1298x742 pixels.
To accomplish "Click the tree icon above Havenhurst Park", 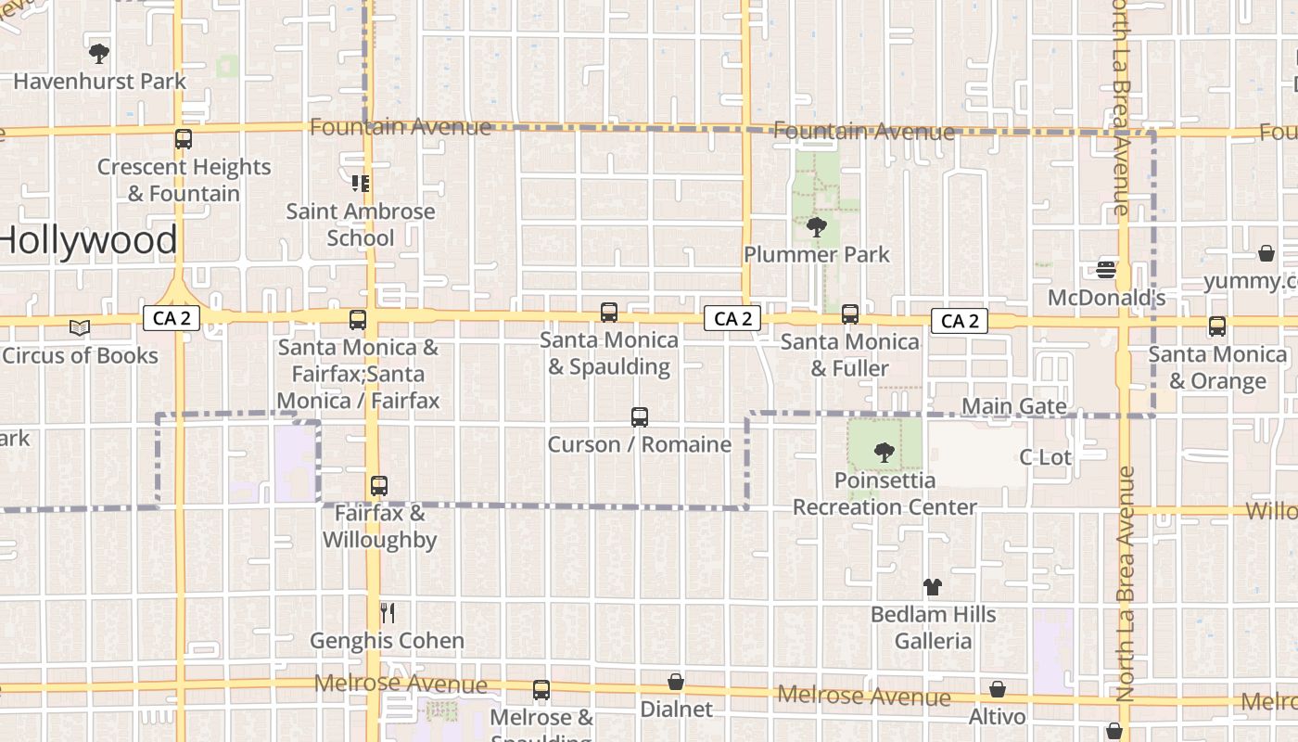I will (99, 53).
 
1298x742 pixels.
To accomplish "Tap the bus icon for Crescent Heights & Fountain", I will (184, 139).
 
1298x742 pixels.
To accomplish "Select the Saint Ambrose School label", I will (361, 224).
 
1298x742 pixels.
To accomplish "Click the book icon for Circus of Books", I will (80, 327).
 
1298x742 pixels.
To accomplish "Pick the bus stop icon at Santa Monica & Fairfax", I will (358, 320).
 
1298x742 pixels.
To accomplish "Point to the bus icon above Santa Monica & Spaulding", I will (609, 313).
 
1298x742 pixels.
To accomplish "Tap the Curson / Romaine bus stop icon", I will (640, 417).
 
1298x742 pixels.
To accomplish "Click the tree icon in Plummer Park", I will (817, 226).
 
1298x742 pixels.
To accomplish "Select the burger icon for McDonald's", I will (1106, 269).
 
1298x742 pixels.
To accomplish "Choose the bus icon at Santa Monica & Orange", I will (1217, 326).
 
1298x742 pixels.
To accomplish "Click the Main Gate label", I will (1014, 406).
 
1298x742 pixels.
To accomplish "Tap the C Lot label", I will (1045, 456).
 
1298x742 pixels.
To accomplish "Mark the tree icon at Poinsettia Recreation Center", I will (884, 453).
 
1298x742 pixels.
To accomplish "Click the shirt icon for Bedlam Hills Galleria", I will (933, 587).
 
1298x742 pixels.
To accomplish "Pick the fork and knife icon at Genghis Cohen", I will (388, 613).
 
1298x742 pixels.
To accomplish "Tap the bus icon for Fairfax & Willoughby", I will (378, 485).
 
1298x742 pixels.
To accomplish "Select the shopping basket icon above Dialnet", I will (677, 682).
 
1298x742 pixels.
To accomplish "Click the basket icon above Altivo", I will (998, 689).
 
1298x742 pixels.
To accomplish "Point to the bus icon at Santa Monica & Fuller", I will (850, 314).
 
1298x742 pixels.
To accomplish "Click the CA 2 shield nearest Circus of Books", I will (172, 319).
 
